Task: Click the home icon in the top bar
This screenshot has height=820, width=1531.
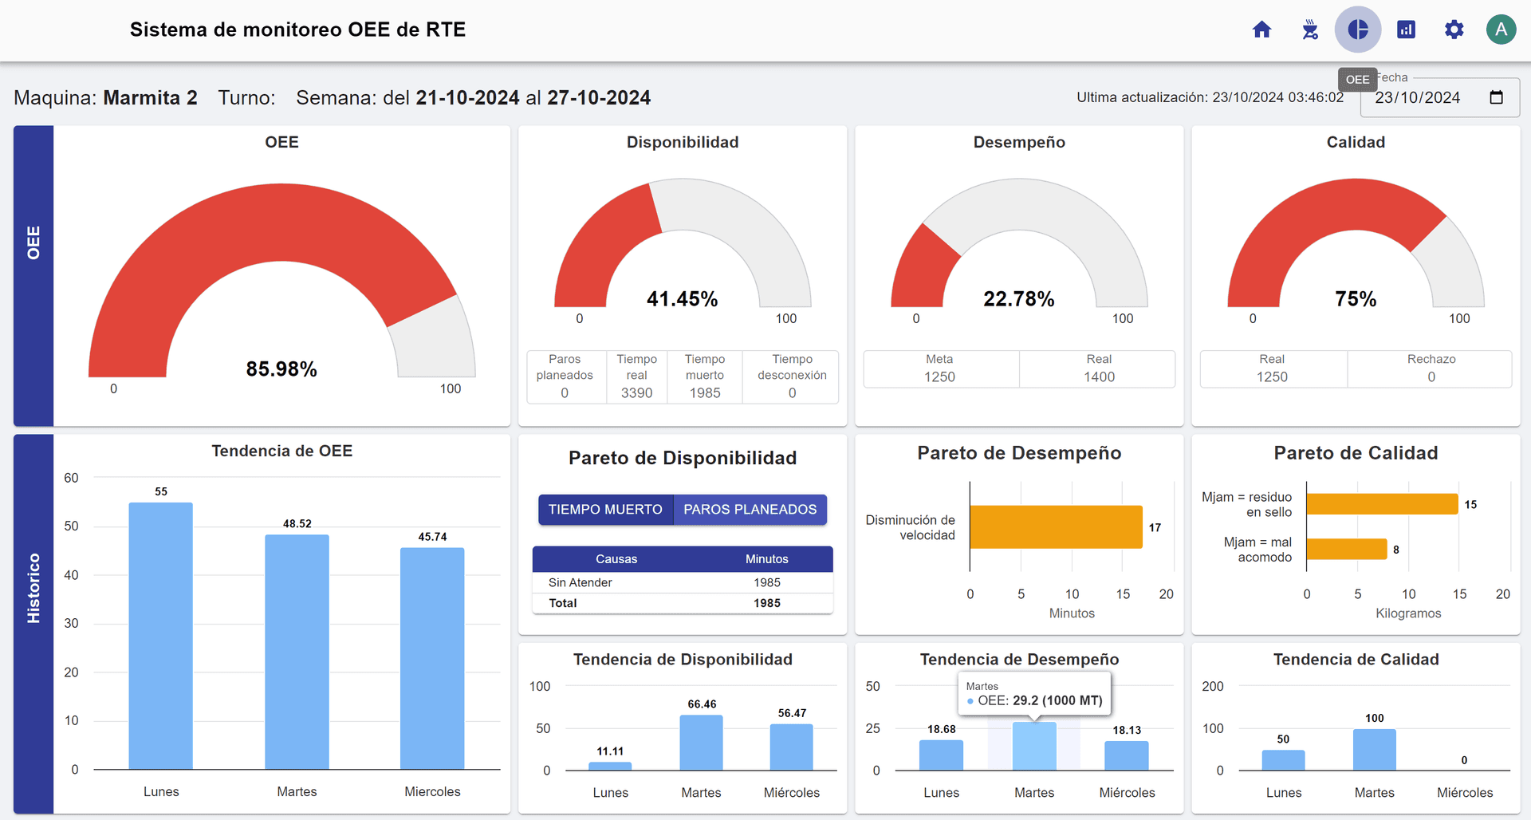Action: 1261,30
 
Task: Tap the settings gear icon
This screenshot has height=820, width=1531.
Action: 1454,30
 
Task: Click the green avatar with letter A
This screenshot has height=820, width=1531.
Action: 1501,30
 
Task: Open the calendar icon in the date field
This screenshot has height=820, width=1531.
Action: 1496,97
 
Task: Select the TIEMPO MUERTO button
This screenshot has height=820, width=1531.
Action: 605,510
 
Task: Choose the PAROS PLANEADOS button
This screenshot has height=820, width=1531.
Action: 750,510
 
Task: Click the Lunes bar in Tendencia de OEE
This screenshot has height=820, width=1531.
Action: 161,636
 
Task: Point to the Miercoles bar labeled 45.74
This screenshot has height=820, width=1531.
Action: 432,658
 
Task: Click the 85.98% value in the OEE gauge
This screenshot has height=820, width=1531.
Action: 281,369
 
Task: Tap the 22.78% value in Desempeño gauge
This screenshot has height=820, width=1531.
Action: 1018,299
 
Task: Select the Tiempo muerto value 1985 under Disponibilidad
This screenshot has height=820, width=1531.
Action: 705,393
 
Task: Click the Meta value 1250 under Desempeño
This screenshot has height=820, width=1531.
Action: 939,377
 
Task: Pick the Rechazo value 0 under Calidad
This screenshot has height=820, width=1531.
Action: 1431,377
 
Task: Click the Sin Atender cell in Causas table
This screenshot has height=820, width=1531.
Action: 581,583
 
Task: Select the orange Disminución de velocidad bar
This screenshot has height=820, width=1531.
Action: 1056,527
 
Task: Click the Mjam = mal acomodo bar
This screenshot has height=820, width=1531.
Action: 1346,550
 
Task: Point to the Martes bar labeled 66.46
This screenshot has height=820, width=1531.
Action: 701,742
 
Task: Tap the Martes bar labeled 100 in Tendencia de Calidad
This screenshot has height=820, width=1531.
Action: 1374,749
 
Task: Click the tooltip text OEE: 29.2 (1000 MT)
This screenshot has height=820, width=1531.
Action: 1040,701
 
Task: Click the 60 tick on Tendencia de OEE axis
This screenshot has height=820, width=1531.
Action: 71,479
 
